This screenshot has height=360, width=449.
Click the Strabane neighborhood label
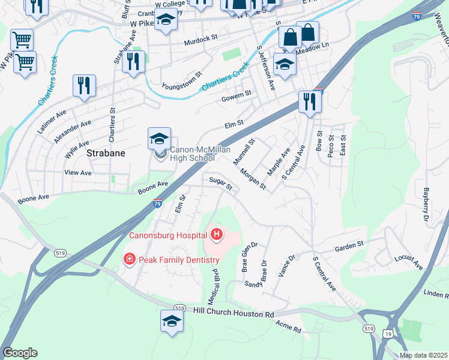106,153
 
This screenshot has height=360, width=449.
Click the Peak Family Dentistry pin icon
128,259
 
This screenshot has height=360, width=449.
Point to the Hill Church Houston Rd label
234,313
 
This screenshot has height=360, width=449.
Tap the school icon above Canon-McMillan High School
159,139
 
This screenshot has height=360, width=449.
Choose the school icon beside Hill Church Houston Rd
172,322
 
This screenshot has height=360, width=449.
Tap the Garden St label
349,245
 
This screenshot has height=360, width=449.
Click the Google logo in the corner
20,353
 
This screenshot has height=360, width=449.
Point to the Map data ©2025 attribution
423,355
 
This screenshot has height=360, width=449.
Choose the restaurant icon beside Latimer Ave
84,86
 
